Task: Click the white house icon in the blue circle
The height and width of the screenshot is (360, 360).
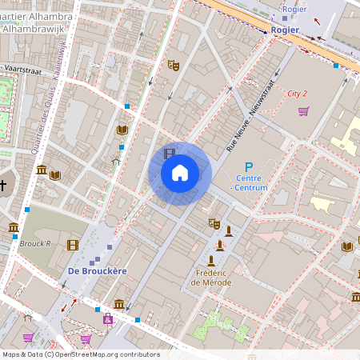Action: [x=180, y=172]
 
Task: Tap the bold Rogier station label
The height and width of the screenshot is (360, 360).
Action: [x=285, y=30]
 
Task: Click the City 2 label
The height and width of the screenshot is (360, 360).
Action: [x=298, y=94]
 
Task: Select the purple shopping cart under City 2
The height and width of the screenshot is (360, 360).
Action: [x=303, y=111]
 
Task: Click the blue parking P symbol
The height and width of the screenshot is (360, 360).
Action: [x=248, y=166]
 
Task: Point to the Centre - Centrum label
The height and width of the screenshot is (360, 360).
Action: [x=251, y=182]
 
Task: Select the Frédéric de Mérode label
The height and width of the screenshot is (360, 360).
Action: [x=211, y=277]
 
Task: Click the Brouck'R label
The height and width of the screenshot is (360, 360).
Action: [x=37, y=243]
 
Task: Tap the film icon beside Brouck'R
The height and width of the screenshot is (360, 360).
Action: [x=73, y=245]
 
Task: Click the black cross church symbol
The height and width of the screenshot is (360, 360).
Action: [x=3, y=186]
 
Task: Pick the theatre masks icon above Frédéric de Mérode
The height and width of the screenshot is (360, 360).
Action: [x=214, y=224]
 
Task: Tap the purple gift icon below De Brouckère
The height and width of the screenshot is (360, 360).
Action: [x=107, y=319]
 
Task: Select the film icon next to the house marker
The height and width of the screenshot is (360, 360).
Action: [x=169, y=153]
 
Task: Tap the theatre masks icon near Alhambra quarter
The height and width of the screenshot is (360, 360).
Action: [x=173, y=65]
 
